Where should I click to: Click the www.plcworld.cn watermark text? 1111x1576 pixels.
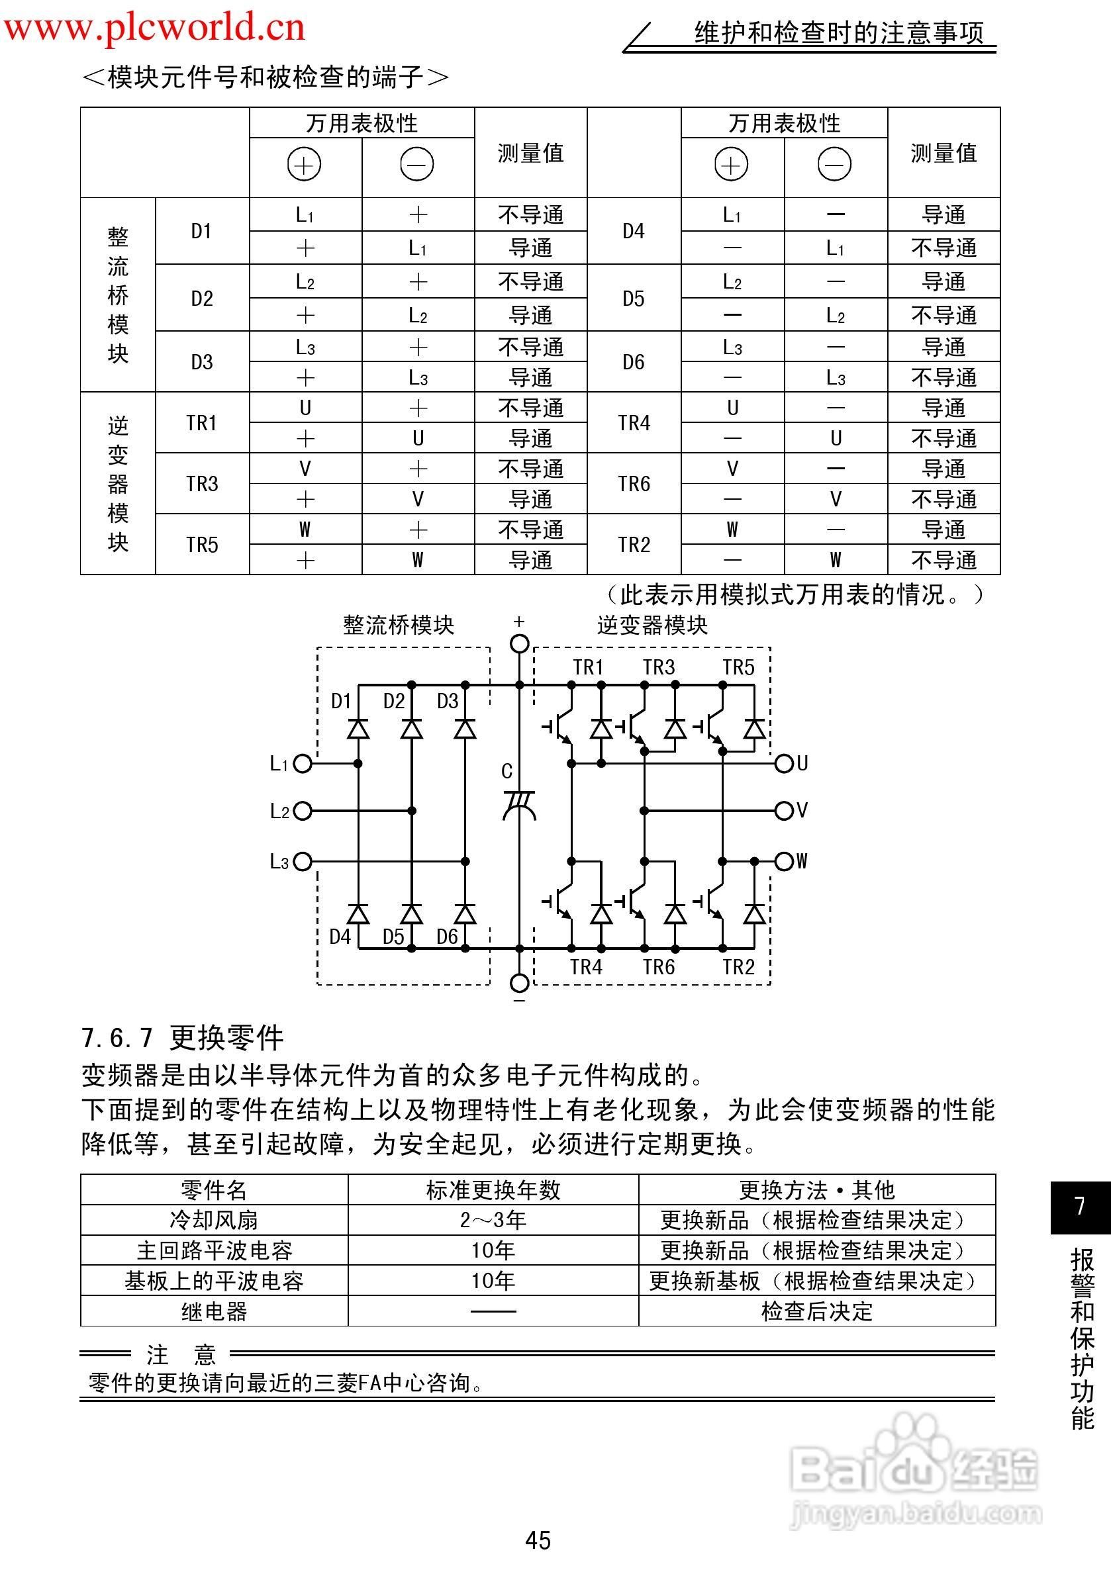click(154, 27)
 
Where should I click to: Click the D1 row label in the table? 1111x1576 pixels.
click(201, 231)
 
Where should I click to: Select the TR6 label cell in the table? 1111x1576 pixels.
click(633, 484)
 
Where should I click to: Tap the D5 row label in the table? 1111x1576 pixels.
click(633, 299)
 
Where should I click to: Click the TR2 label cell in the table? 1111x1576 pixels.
click(633, 544)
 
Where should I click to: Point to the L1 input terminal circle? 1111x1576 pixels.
click(302, 763)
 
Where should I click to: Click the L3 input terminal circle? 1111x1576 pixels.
click(302, 861)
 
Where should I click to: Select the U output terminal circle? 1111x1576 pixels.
click(784, 763)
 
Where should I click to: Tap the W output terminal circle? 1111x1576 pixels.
click(784, 860)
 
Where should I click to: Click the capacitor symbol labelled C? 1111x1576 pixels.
click(519, 804)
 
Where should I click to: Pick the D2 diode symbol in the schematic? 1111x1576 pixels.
click(411, 728)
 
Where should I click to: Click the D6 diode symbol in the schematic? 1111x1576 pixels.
click(465, 914)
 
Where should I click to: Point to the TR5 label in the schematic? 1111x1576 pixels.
click(738, 667)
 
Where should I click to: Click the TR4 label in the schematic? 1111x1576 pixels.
click(586, 967)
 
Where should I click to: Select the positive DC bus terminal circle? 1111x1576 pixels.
click(520, 643)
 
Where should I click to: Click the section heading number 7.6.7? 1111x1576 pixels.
click(117, 1038)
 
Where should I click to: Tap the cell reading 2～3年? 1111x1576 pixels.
click(493, 1220)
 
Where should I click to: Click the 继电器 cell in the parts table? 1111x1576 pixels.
click(215, 1312)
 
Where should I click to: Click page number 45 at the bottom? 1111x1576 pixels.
click(538, 1540)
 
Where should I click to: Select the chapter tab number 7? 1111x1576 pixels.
click(1080, 1206)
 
